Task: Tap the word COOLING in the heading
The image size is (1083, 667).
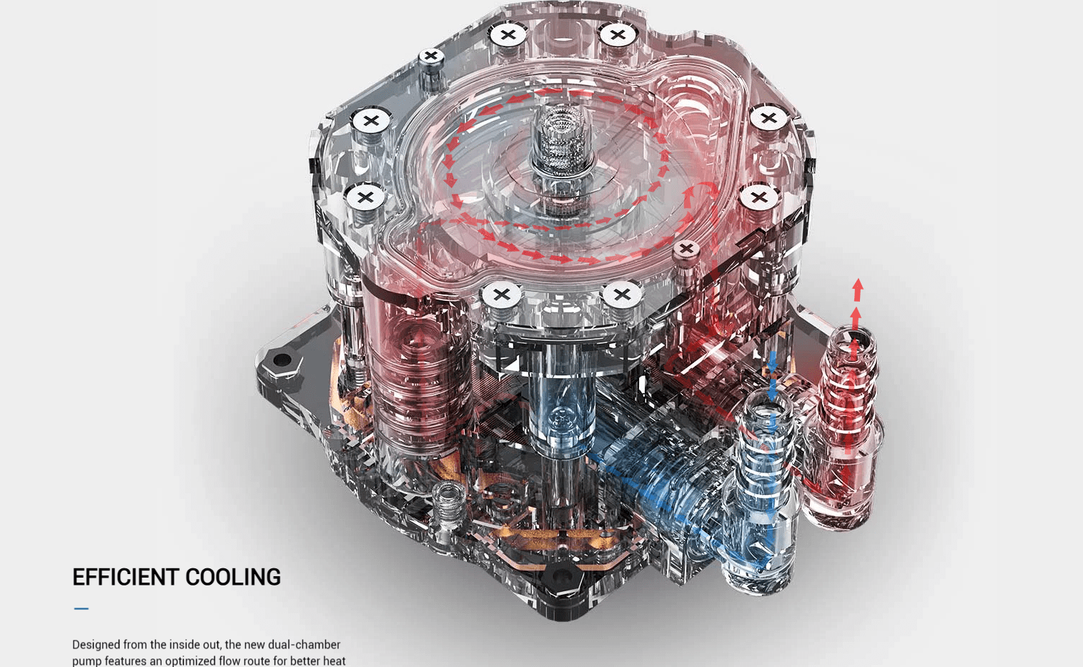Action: coord(233,577)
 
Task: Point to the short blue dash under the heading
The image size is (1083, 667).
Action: coord(81,609)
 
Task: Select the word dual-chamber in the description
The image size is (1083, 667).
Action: coord(304,644)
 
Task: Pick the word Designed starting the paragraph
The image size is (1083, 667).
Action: coord(96,644)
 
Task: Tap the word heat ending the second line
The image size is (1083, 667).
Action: coord(333,661)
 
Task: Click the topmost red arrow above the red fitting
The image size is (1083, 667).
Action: coord(858,290)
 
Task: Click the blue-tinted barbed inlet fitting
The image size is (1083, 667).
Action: coord(763,486)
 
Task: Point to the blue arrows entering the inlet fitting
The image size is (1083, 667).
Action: coord(772,375)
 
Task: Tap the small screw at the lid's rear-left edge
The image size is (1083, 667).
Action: coord(431,56)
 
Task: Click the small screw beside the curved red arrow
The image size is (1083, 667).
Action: coord(686,249)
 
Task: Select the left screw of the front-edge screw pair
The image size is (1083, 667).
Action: coord(502,294)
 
